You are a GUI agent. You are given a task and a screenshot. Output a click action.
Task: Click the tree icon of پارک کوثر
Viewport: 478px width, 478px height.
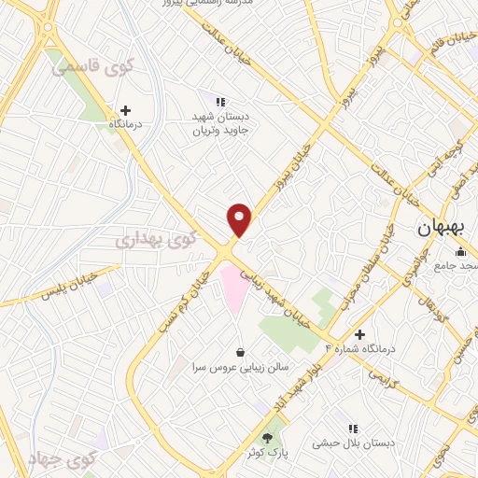[269, 437]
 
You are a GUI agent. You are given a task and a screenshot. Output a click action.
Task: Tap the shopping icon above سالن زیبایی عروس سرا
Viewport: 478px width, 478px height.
[242, 352]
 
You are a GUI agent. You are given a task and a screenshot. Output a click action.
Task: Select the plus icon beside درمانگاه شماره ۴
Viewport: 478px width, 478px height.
[359, 334]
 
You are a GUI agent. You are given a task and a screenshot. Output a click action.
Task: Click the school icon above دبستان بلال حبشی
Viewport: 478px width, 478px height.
[351, 429]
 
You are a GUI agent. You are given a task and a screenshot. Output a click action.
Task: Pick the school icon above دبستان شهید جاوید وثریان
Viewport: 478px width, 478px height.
[221, 102]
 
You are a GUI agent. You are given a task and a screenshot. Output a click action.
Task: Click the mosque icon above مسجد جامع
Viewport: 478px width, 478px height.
[460, 251]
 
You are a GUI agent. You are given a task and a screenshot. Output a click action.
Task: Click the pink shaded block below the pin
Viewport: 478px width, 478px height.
[232, 285]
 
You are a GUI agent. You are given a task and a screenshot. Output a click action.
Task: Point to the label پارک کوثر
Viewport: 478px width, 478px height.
[269, 453]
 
